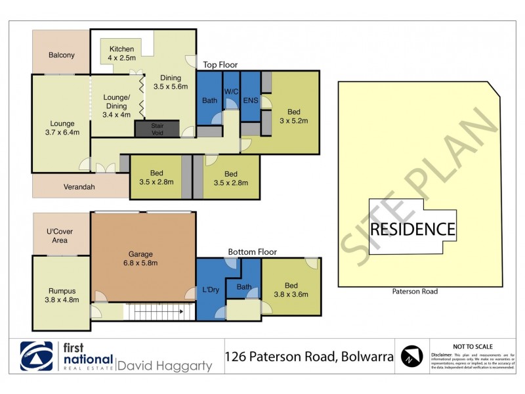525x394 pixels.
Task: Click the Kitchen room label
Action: click(121, 49)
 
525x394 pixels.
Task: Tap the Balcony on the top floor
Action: click(61, 55)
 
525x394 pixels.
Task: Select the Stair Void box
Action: click(156, 129)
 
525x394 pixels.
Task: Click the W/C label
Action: click(231, 91)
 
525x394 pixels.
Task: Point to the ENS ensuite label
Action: click(250, 100)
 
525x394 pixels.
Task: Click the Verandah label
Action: click(79, 187)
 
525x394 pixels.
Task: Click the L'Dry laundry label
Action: click(210, 290)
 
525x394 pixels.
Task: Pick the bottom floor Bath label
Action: click(244, 286)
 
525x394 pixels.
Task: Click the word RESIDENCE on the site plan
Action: click(412, 229)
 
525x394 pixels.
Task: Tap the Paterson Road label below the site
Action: click(415, 291)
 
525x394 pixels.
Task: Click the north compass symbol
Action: click(411, 357)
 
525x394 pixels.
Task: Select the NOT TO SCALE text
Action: click(473, 346)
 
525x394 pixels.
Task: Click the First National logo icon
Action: click(36, 357)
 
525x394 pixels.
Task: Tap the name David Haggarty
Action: click(165, 365)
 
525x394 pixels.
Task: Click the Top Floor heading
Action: click(220, 64)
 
